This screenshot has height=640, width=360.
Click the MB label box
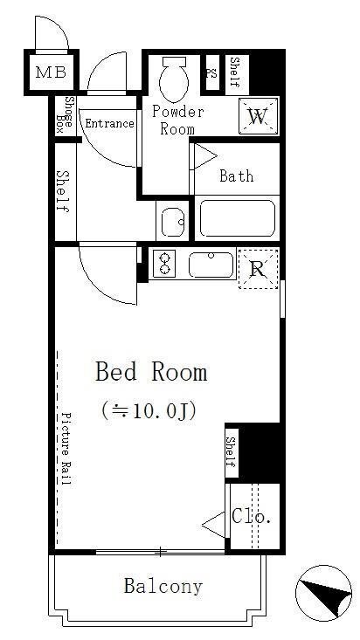pos(45,72)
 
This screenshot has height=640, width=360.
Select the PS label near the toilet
pos(211,73)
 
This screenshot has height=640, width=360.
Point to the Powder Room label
pos(177,120)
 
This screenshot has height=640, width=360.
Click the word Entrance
pos(109,123)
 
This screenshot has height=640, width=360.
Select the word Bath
pos(236,176)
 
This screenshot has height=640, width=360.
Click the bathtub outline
pos(237,218)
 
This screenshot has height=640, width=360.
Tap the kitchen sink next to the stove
pos(211,265)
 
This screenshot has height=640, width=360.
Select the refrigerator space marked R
pos(258,269)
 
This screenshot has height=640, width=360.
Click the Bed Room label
pos(151,373)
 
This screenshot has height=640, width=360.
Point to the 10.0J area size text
pos(148,409)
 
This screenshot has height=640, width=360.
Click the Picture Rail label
pos(66,453)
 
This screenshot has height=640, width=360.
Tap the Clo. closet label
pos(252,517)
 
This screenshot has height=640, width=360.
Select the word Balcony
pos(163,586)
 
